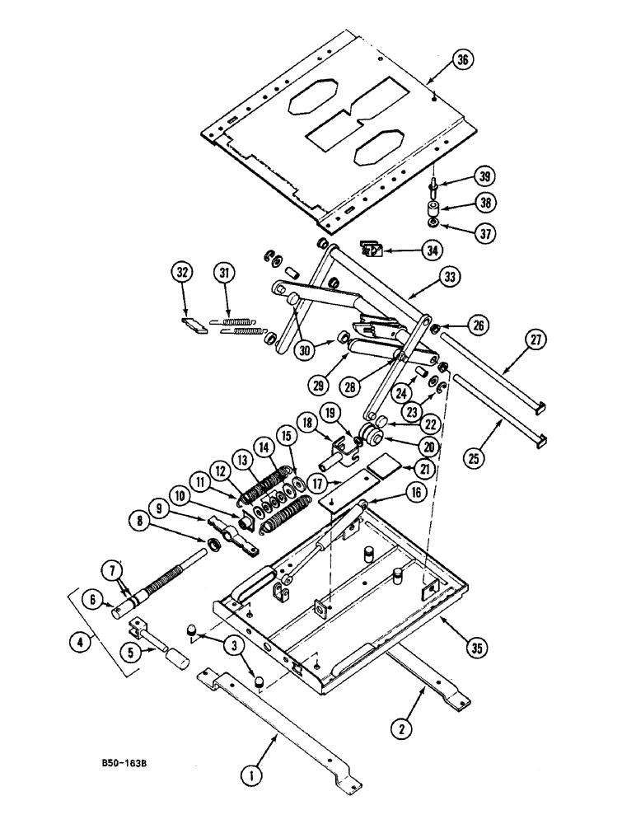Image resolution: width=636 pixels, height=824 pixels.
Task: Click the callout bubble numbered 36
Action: pyautogui.click(x=463, y=60)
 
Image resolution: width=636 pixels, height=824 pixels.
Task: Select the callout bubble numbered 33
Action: pyautogui.click(x=450, y=278)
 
